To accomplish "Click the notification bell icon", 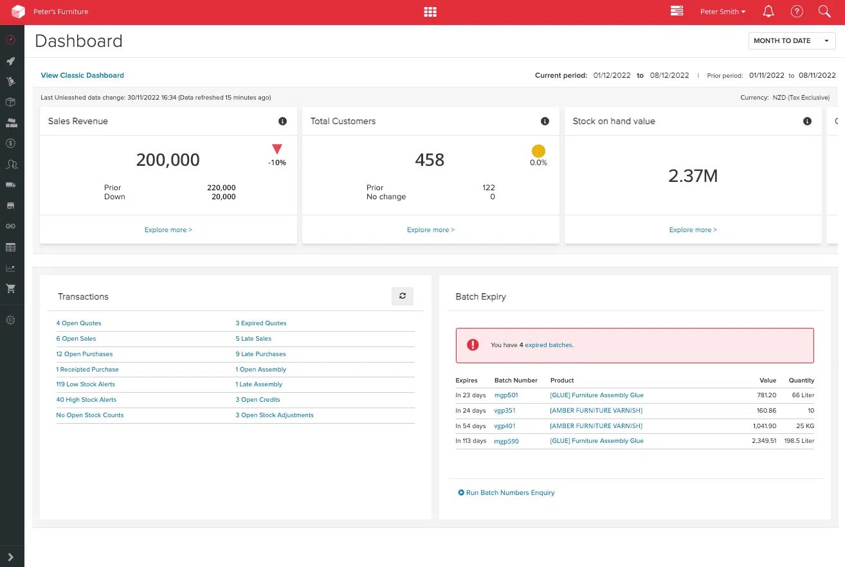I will click(x=768, y=12).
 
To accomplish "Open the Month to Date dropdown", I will click(x=792, y=40).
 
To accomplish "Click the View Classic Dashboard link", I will click(x=82, y=75).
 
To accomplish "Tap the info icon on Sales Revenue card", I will click(x=282, y=122).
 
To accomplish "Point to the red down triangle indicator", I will click(x=277, y=150).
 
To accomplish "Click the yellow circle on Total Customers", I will click(x=538, y=151).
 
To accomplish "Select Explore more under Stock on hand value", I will click(x=693, y=230).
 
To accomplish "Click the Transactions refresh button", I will click(x=403, y=296).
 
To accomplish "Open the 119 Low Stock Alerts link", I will click(x=86, y=384).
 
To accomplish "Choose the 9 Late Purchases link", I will click(x=260, y=354).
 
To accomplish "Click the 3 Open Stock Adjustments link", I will click(x=275, y=415).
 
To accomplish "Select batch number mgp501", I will click(x=506, y=395).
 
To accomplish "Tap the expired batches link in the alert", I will click(x=549, y=345).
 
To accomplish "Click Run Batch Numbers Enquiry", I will click(x=510, y=493).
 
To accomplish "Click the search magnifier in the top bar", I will click(x=824, y=12).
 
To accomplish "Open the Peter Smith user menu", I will click(x=723, y=12).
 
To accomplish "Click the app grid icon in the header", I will click(x=430, y=12).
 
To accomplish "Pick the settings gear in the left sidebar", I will click(x=10, y=319).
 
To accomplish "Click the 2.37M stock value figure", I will click(x=693, y=175).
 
